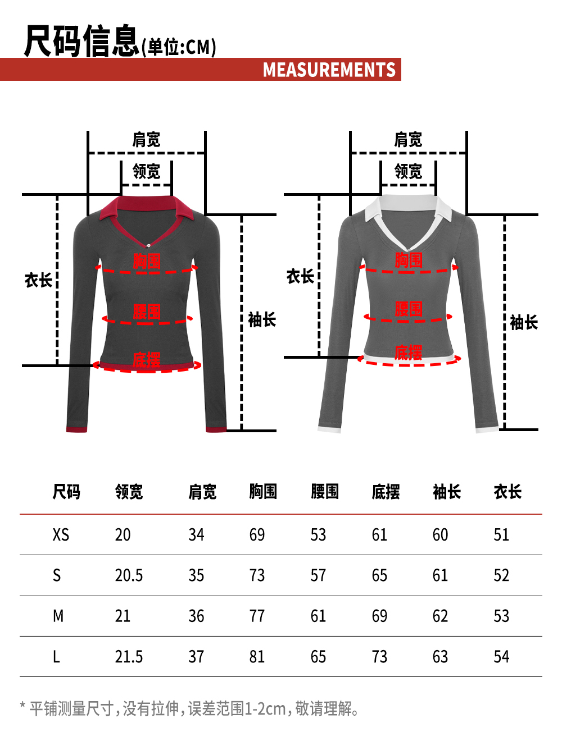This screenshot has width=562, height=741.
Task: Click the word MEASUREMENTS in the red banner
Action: tap(329, 70)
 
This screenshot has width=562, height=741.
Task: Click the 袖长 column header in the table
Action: tap(447, 492)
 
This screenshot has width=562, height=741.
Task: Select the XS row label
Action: tap(61, 534)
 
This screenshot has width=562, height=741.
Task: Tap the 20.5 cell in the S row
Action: tap(129, 575)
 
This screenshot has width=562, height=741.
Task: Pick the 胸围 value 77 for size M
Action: tap(257, 616)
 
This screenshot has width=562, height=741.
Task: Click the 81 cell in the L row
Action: tap(257, 657)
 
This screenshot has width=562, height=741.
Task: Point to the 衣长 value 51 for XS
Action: tap(501, 534)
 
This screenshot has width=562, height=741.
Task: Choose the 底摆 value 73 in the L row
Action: tap(379, 657)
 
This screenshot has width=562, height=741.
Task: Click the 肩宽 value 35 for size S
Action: tap(196, 575)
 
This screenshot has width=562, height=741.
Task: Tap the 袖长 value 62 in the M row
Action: tap(440, 616)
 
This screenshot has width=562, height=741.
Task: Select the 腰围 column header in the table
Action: tap(325, 492)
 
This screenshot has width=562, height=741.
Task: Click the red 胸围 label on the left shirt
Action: tap(147, 261)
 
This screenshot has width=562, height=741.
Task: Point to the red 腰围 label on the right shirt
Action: tap(409, 309)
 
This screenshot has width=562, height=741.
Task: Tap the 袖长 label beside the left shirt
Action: tap(262, 320)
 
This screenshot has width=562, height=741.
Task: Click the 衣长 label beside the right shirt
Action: tap(300, 276)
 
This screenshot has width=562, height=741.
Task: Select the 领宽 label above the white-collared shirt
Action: tap(408, 171)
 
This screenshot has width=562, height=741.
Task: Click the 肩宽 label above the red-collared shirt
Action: tap(146, 140)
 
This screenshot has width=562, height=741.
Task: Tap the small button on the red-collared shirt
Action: tap(148, 245)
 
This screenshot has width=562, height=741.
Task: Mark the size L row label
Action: tap(56, 657)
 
